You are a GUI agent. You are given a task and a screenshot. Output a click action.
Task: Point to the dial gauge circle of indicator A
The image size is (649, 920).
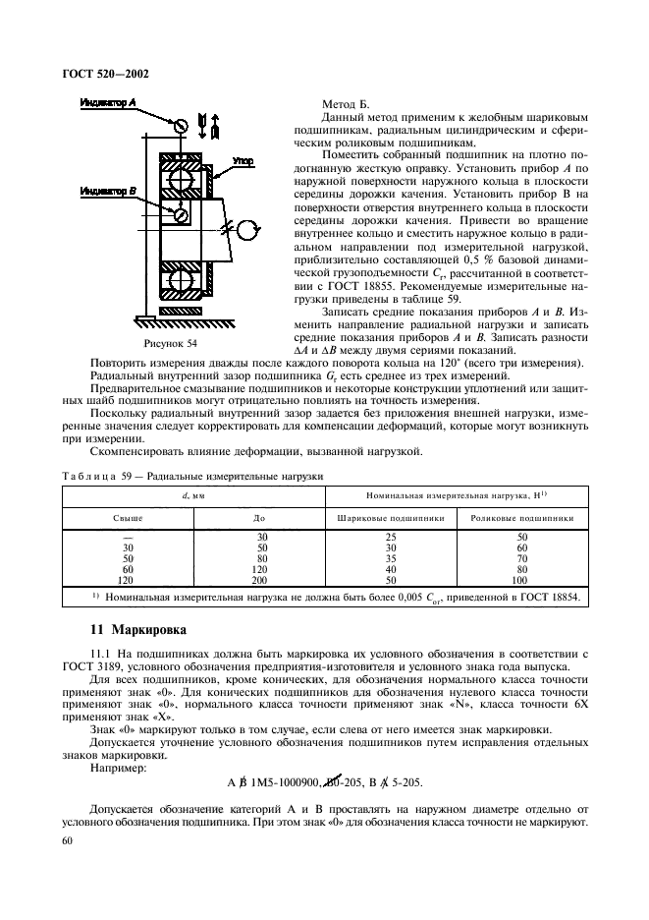[178, 126]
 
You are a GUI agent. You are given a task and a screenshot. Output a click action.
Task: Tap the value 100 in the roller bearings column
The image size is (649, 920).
[521, 581]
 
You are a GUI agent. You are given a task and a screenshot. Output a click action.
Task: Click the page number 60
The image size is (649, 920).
[68, 842]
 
